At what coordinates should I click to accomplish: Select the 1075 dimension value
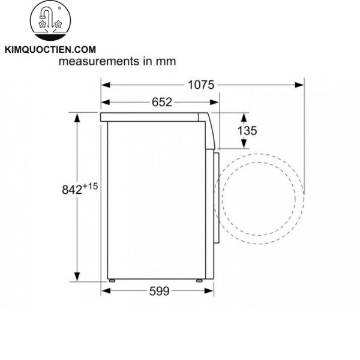200,85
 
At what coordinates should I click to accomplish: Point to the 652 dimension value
161,102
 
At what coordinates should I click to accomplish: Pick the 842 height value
72,190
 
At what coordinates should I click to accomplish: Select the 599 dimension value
160,291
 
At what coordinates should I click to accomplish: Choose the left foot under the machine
113,280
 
